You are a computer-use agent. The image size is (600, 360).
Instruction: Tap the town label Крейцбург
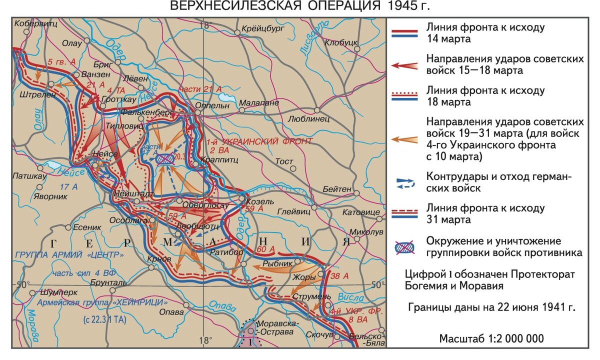(262, 29)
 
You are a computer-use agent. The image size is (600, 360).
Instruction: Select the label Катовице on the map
(361, 212)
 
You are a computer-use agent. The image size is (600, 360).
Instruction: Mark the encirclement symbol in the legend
(405, 247)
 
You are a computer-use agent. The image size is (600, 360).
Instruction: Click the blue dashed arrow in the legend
(405, 183)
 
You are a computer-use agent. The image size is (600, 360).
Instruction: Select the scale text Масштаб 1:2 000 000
(491, 338)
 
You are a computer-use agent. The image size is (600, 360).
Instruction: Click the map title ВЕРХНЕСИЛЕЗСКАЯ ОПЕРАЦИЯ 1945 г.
(300, 6)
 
